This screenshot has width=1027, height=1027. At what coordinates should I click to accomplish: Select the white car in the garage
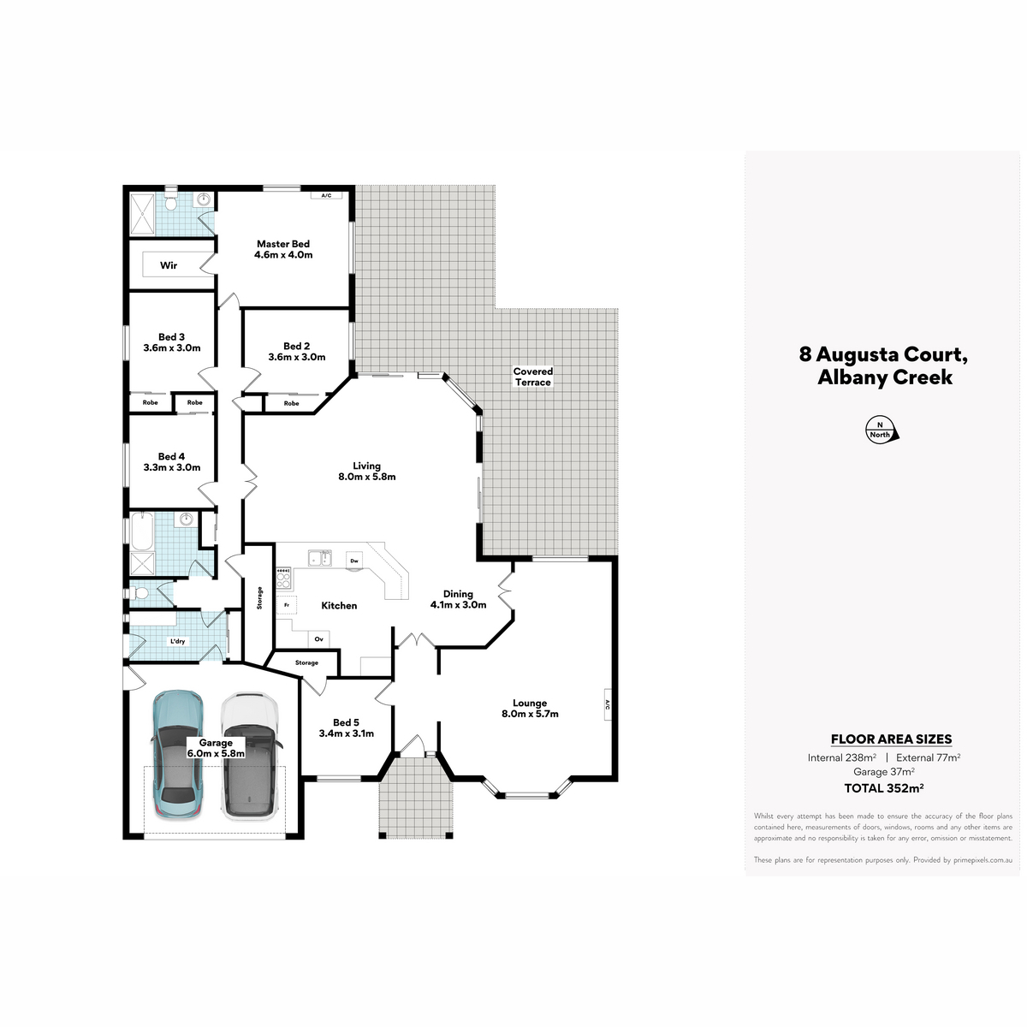click(x=249, y=756)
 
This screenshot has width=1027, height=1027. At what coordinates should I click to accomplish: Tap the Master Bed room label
click(x=283, y=244)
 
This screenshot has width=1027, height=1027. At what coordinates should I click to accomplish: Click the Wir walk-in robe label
click(x=169, y=264)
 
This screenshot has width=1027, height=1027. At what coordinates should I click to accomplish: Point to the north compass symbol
click(x=882, y=430)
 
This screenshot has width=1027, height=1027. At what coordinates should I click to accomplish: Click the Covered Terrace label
click(x=533, y=377)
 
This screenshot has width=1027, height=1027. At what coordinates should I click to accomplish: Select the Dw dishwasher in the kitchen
click(x=354, y=560)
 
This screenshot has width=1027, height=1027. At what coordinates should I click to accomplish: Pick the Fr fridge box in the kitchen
click(x=287, y=604)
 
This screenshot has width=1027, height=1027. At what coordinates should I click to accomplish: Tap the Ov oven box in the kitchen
click(x=318, y=638)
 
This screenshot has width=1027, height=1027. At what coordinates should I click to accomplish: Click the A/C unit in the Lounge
click(x=607, y=704)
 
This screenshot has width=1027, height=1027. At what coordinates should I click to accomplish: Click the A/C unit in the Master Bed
click(x=326, y=196)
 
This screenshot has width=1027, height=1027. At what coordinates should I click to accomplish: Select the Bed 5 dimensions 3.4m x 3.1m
click(x=347, y=733)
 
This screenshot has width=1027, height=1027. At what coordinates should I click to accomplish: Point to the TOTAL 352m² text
click(x=883, y=787)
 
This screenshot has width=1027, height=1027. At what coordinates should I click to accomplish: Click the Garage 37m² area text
click(x=883, y=772)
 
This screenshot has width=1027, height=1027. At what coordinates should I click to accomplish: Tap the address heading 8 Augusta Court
click(x=883, y=353)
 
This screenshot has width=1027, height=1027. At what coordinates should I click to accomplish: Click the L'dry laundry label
click(x=177, y=641)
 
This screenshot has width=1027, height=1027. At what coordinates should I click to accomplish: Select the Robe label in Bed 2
click(x=291, y=403)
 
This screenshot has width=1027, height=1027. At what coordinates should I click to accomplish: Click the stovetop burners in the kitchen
click(x=284, y=578)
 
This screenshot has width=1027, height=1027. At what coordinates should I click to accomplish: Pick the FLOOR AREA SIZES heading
click(x=891, y=739)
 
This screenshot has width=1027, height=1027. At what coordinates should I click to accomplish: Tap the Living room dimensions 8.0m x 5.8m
click(x=366, y=477)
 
